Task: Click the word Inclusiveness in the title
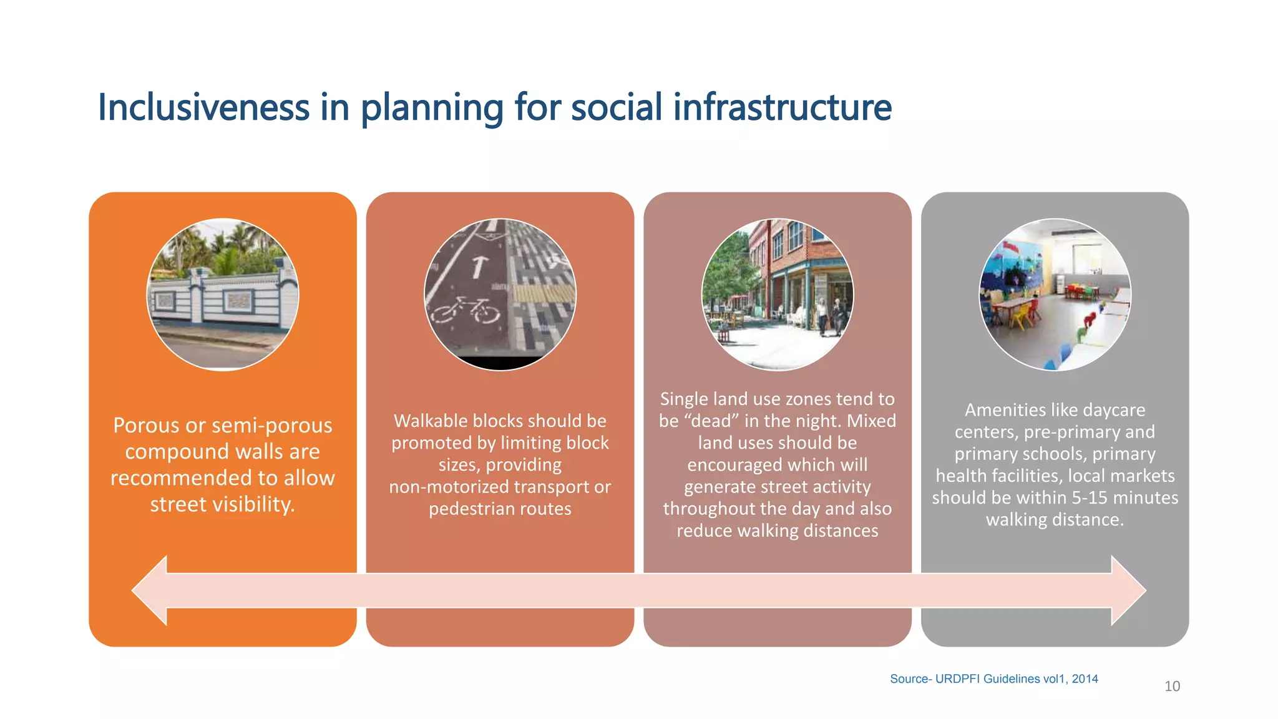coord(203,107)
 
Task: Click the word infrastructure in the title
coord(783,107)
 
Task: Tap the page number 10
coord(1172,687)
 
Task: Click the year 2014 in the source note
coord(1085,679)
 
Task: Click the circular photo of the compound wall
coord(223,295)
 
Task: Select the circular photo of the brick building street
coord(778,295)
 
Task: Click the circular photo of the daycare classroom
coord(1055,295)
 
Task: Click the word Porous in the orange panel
coord(147,426)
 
